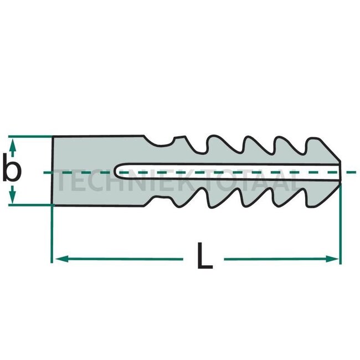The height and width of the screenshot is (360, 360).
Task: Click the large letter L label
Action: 204,257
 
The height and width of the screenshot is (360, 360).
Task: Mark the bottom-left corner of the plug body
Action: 53,205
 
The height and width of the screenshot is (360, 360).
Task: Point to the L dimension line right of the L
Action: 277,259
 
